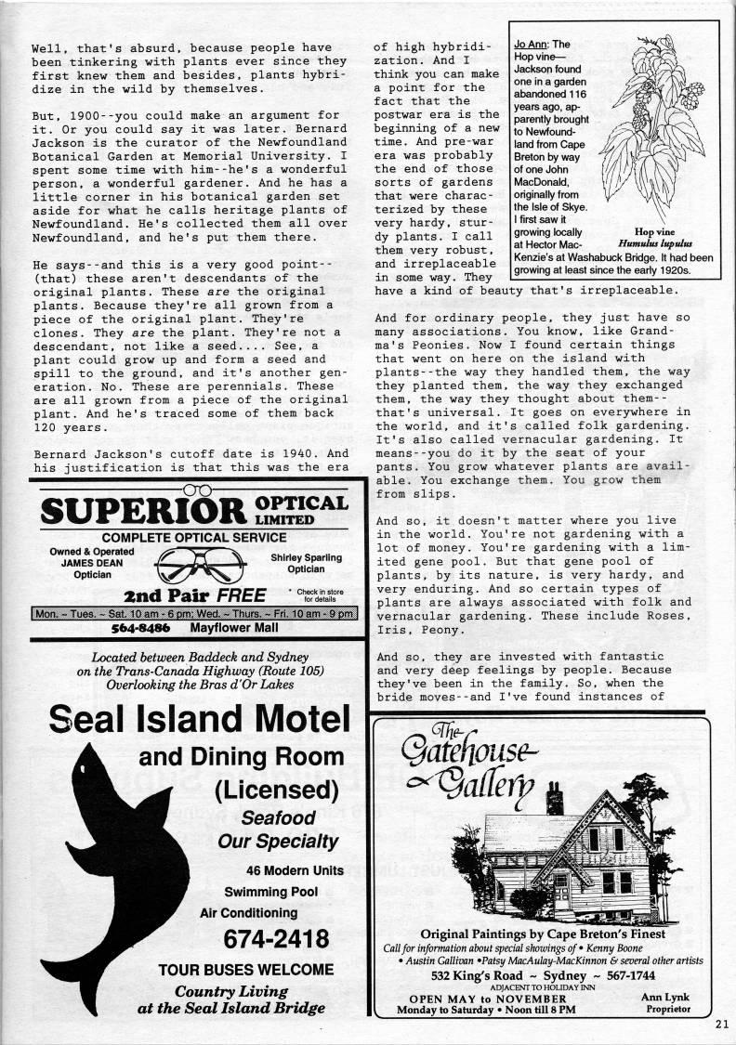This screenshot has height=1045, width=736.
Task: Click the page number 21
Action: tap(722, 1025)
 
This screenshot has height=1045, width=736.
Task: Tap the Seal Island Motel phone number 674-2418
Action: tap(276, 938)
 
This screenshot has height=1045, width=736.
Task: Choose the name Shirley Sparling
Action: tap(306, 557)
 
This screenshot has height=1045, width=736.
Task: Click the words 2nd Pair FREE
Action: tap(195, 594)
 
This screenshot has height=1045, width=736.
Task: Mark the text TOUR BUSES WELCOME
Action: tap(245, 970)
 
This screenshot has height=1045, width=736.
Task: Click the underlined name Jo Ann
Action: tap(532, 45)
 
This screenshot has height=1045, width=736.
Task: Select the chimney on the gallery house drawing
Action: tap(554, 797)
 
